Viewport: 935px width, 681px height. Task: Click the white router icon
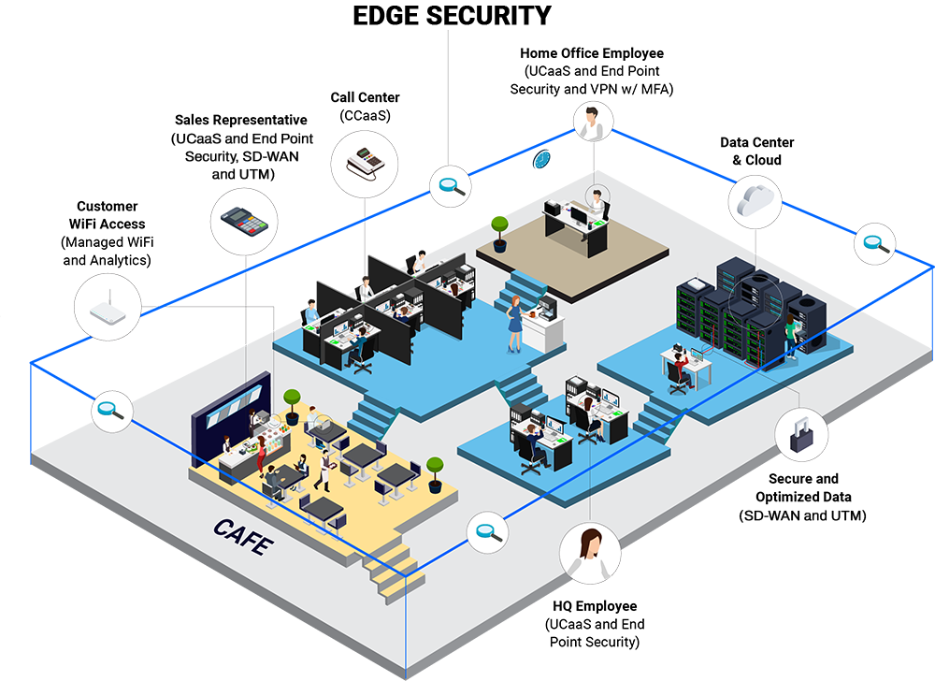[x=108, y=305]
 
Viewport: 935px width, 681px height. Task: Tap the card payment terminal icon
[x=246, y=222]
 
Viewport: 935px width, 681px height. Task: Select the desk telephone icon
[x=365, y=163]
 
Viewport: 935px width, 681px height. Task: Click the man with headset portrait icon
[x=593, y=123]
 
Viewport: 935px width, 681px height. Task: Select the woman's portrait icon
[x=590, y=552]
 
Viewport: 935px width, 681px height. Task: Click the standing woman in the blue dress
[x=514, y=323]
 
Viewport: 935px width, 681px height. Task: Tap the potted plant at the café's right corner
[x=435, y=471]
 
